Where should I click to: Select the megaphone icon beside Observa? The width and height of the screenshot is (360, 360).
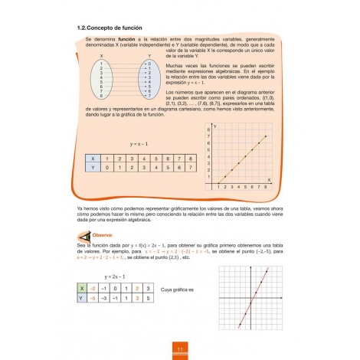(x=85, y=236)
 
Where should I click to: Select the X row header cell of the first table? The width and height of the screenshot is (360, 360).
(x=93, y=159)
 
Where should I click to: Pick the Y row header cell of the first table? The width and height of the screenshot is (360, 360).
(x=93, y=166)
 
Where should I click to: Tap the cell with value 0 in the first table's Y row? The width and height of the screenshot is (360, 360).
(x=108, y=166)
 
